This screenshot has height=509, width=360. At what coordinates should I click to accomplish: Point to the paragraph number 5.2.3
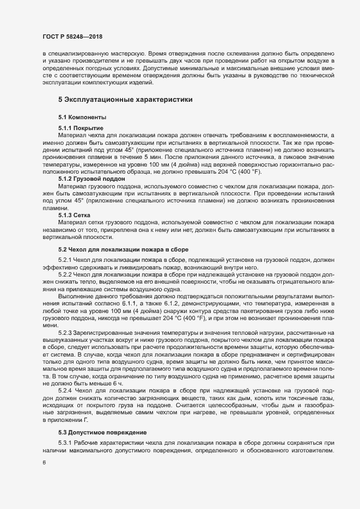[66, 332]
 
